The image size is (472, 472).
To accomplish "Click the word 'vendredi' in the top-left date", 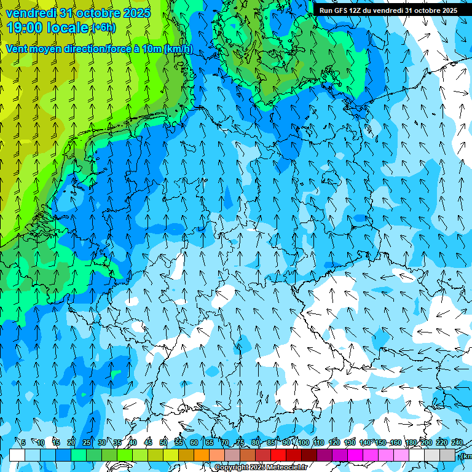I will click(x=29, y=13).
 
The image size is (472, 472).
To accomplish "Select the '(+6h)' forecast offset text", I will click(x=103, y=28).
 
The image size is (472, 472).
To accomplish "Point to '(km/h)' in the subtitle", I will click(x=178, y=49).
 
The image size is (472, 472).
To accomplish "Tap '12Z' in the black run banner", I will click(x=356, y=10).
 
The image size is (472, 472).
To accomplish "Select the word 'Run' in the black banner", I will click(x=326, y=10).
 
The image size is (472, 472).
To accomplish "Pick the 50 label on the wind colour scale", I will click(x=163, y=442).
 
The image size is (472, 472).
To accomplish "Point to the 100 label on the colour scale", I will click(x=304, y=442).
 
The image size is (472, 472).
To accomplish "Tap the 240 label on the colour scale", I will click(x=457, y=442).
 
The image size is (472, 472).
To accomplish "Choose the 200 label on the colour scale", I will click(x=427, y=442).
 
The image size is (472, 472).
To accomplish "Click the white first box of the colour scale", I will click(x=17, y=455).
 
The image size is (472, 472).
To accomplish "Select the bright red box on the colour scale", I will click(x=278, y=455).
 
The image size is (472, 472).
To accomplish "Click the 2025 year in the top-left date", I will click(x=136, y=13).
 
